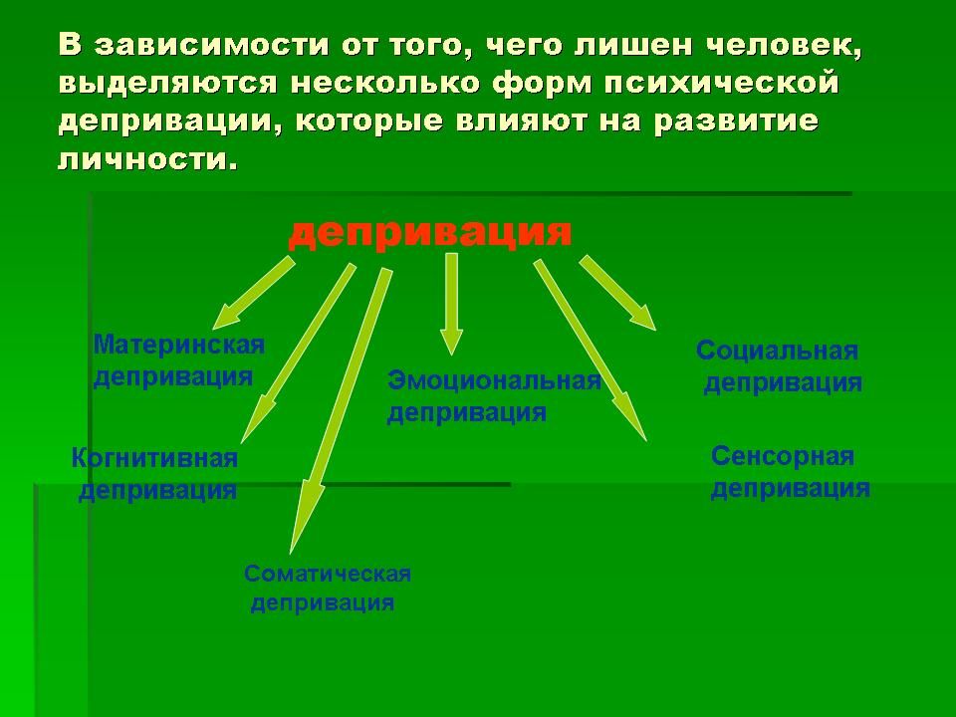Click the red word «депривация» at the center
click(430, 233)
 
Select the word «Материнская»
click(179, 346)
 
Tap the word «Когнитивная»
click(154, 458)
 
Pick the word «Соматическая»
click(328, 574)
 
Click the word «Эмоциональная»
click(495, 381)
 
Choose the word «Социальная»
click(778, 351)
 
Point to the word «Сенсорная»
click(783, 456)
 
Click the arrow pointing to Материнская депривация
click(253, 293)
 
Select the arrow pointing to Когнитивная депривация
click(298, 353)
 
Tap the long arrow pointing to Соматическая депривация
click(341, 410)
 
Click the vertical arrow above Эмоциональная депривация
click(451, 304)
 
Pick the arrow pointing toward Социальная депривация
click(617, 293)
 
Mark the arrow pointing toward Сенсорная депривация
click(590, 350)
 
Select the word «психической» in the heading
click(722, 84)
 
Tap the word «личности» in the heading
click(147, 159)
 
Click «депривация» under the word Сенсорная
click(790, 488)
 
